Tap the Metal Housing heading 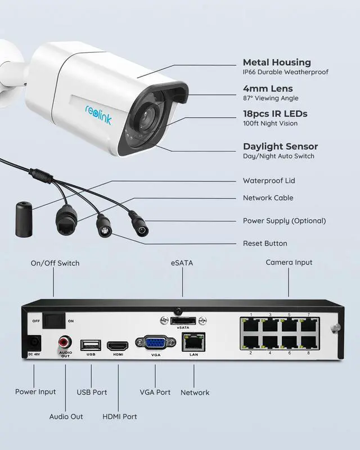[276, 62]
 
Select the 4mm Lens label [267, 88]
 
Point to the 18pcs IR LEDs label [274, 114]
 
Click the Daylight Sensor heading [280, 146]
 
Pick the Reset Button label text [264, 244]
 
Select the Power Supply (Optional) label [284, 221]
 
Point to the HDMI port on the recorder [118, 345]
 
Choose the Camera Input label [289, 263]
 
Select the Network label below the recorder [195, 393]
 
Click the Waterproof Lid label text [268, 181]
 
